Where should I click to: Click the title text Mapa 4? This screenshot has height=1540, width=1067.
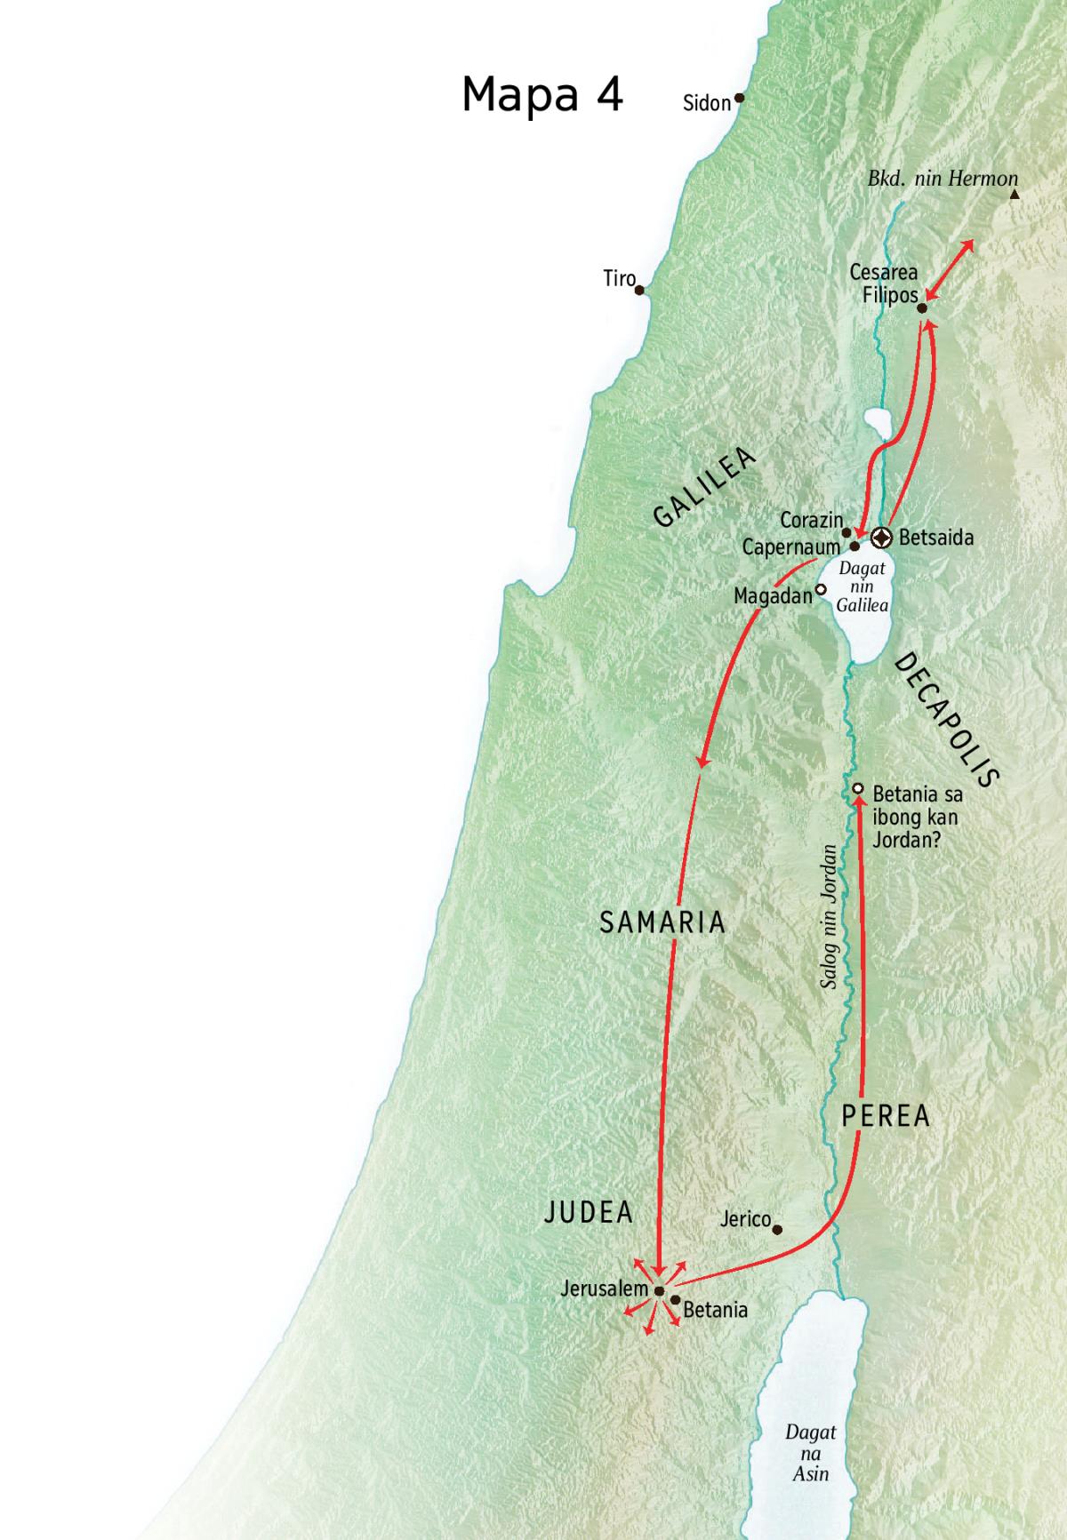(542, 93)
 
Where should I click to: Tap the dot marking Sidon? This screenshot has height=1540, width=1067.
(738, 99)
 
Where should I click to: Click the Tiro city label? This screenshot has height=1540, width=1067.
(619, 279)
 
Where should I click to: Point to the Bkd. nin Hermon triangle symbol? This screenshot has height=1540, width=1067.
(1015, 193)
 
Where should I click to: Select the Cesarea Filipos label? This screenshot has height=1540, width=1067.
(884, 284)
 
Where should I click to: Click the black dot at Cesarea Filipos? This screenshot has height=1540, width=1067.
(922, 308)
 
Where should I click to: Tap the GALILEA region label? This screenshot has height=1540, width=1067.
(704, 487)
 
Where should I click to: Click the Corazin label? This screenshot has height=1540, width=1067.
(811, 520)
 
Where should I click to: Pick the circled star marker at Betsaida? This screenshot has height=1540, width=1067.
(881, 537)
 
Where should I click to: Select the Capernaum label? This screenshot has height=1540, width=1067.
(790, 547)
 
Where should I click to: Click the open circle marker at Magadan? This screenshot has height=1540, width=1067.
(821, 588)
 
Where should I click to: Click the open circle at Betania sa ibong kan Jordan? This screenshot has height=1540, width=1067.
(858, 788)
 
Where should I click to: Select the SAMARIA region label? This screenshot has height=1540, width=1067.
(662, 922)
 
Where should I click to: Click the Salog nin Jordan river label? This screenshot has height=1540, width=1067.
(829, 916)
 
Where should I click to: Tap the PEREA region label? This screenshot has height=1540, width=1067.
(886, 1116)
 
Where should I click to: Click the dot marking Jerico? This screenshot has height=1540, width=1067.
(778, 1231)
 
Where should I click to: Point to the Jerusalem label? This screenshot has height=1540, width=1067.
(605, 1288)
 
